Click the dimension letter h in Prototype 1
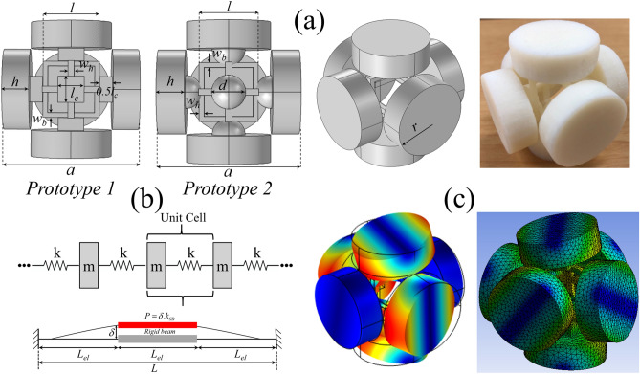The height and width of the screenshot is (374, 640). [x=17, y=79]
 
